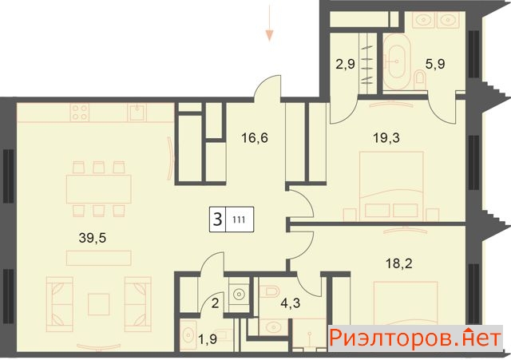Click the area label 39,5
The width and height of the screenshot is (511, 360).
[x=93, y=239]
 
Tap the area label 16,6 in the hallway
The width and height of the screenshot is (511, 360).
[x=255, y=138]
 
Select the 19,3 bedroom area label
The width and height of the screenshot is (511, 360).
[x=386, y=138]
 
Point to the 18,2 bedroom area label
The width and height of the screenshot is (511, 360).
[x=399, y=263]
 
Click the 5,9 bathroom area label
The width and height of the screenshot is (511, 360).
[x=435, y=64]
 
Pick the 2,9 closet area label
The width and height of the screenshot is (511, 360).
[x=345, y=64]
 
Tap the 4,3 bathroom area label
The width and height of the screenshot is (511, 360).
[x=291, y=303]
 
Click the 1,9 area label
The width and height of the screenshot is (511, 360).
[x=208, y=339]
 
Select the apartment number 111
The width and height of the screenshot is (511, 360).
[x=239, y=220]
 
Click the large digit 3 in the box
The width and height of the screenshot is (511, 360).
[x=217, y=219]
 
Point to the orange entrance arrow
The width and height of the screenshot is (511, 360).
[x=269, y=23]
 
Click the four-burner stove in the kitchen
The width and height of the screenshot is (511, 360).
[x=80, y=113]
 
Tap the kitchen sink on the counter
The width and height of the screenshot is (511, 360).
[x=138, y=113]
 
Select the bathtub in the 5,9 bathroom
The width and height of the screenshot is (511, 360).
[x=397, y=61]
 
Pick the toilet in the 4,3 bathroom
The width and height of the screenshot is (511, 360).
[x=271, y=291]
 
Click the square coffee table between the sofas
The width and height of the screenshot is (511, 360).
[x=99, y=304]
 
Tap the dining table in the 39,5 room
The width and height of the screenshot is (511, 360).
[x=99, y=189]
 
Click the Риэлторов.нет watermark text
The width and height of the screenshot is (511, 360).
[x=415, y=338]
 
